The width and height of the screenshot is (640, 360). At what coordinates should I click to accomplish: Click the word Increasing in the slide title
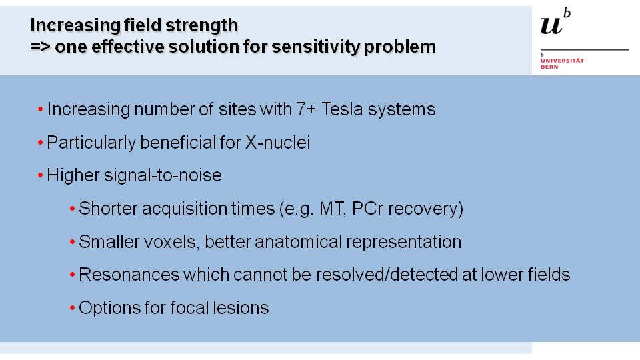pos(75,26)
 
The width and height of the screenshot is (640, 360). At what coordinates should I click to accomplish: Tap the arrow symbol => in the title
pos(40,46)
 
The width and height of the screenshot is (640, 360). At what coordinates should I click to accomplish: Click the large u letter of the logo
pos(551,26)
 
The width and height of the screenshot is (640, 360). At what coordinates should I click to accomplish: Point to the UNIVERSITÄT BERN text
pos(562,64)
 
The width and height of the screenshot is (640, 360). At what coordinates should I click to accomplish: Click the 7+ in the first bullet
pos(306,109)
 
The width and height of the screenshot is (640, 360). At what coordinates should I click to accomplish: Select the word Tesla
pos(342,109)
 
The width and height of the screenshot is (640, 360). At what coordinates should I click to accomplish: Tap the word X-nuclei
pos(277,143)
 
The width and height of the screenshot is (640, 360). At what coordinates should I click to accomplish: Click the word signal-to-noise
pos(163,175)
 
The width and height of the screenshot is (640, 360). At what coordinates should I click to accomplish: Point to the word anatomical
pos(297,242)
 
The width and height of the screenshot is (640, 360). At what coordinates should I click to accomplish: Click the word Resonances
pos(129,275)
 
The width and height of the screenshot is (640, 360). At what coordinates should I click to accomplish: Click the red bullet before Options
pos(72,308)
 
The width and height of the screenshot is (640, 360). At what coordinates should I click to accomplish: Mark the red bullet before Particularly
pos(41,143)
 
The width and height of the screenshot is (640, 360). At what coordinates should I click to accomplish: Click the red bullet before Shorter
pos(72,209)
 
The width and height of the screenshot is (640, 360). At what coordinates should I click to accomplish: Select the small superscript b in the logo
pos(567,13)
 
